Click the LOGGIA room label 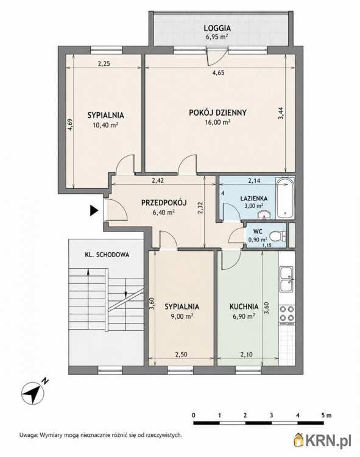217,28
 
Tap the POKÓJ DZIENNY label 217,113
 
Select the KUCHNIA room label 244,306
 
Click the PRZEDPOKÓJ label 164,202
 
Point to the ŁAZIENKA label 254,199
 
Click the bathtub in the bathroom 285,198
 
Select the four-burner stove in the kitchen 287,314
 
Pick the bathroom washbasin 264,215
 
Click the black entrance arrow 94,210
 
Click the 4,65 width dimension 218,73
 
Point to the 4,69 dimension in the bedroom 70,124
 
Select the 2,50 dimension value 181,355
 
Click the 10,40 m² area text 105,125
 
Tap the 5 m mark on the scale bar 326,416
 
